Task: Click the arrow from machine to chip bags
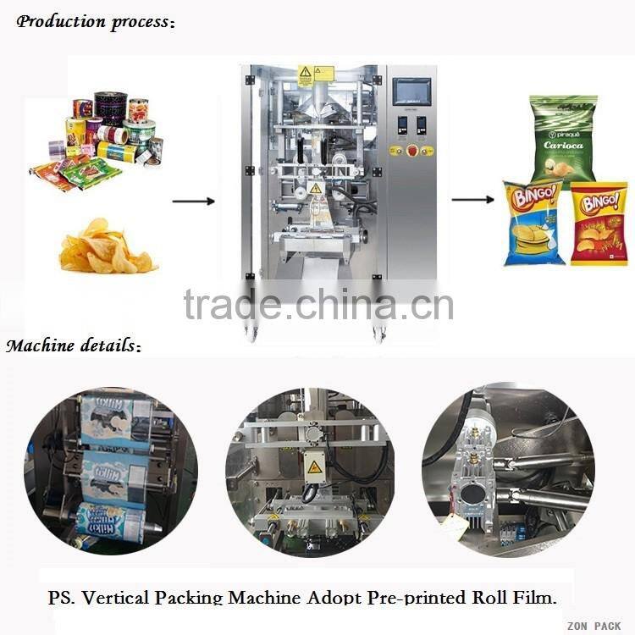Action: click(472, 200)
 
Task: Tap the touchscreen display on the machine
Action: click(411, 91)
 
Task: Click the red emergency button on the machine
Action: click(411, 150)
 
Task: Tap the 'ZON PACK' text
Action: click(594, 626)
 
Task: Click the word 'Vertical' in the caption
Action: click(192, 598)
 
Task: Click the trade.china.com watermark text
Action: click(318, 304)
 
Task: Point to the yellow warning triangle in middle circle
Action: click(314, 467)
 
